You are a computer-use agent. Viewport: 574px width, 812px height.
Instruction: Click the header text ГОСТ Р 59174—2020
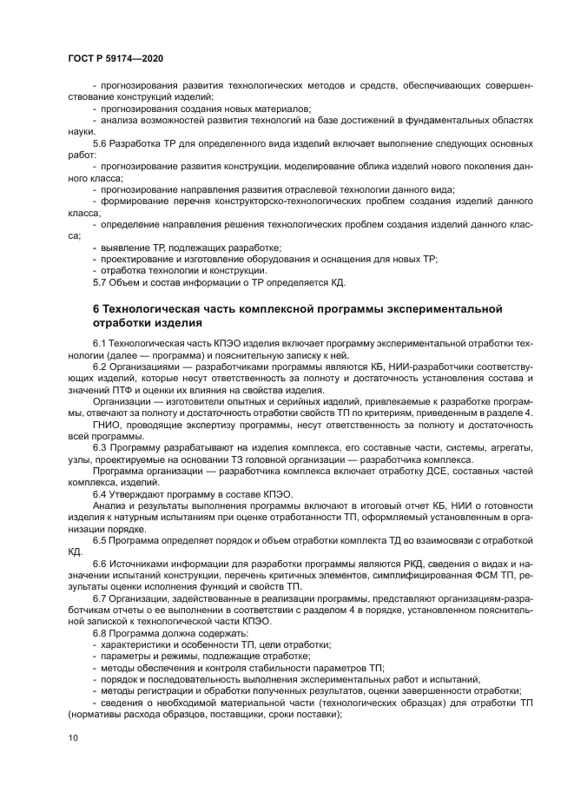(115, 57)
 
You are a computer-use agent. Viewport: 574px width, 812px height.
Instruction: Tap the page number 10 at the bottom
(71, 736)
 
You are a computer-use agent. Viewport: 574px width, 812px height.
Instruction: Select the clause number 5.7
(100, 283)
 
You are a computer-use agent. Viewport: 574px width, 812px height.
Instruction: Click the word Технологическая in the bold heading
(150, 309)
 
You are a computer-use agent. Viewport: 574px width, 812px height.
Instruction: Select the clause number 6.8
(100, 634)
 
